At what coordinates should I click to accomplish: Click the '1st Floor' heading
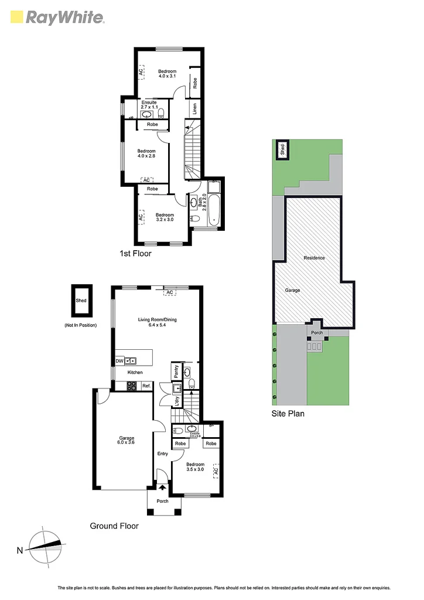(x=135, y=254)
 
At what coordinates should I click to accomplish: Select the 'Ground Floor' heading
(x=114, y=526)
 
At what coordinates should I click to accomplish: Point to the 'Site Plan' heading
(x=288, y=412)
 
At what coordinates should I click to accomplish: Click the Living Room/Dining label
(x=157, y=322)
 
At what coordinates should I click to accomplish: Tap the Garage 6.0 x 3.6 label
(x=126, y=441)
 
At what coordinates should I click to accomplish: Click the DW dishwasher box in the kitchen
(x=119, y=361)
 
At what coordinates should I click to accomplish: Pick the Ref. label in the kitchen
(x=146, y=386)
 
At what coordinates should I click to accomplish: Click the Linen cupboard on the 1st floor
(x=194, y=108)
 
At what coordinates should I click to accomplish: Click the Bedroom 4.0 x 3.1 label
(x=167, y=74)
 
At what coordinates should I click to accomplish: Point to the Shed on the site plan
(x=282, y=149)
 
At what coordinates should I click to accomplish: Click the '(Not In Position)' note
(x=80, y=325)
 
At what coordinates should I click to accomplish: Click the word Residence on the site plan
(x=314, y=258)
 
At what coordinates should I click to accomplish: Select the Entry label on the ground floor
(x=162, y=454)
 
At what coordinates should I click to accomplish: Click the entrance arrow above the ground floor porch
(x=162, y=485)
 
